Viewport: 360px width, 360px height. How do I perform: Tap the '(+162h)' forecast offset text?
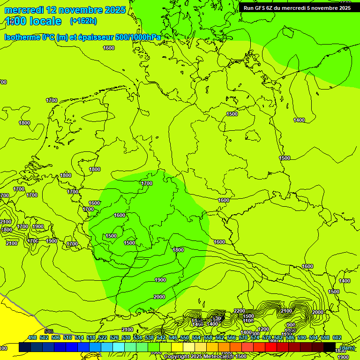(x=83, y=21)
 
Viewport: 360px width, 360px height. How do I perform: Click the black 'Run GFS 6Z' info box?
(x=297, y=7)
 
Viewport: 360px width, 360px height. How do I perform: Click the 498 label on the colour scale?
(x=32, y=337)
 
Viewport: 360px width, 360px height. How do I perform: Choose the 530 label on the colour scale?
(x=126, y=337)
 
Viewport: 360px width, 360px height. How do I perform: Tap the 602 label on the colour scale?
(x=337, y=337)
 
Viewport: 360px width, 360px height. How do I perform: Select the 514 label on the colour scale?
(x=79, y=337)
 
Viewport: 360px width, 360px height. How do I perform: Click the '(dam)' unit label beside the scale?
(x=347, y=347)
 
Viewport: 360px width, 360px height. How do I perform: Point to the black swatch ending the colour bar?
(x=330, y=347)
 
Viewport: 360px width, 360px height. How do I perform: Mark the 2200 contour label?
(x=240, y=311)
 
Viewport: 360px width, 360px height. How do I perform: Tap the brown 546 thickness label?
(x=49, y=331)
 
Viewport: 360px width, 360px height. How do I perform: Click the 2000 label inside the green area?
(x=159, y=297)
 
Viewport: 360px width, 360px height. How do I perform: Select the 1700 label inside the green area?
(x=147, y=183)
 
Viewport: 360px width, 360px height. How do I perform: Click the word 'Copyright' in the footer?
(x=177, y=357)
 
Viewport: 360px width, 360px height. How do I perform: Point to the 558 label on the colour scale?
(x=208, y=337)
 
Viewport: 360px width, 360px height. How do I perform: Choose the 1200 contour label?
(x=263, y=329)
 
